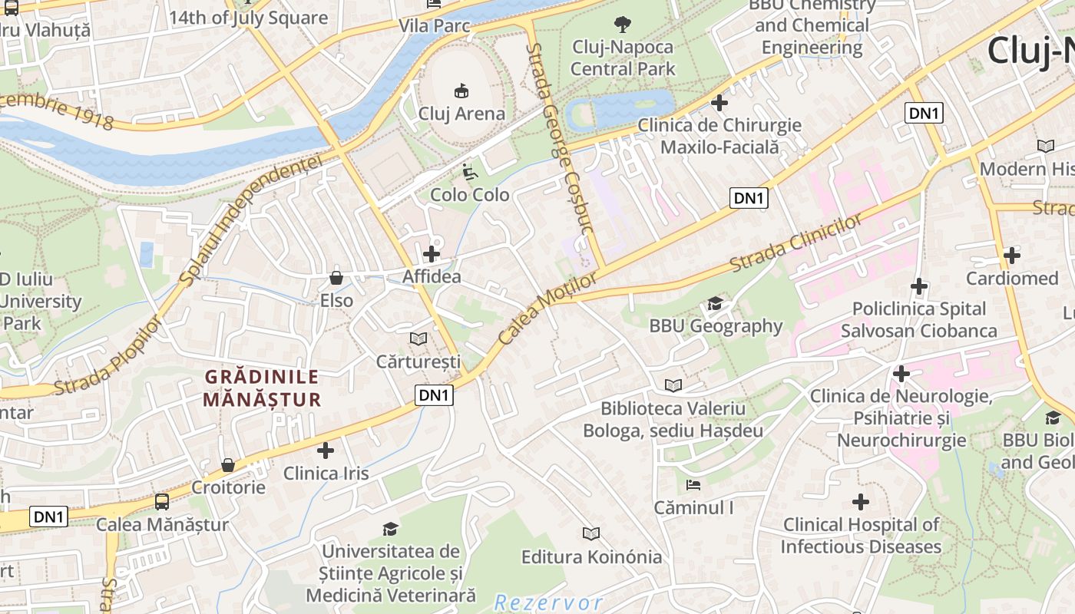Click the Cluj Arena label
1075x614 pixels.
(461, 114)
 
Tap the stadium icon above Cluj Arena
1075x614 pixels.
(461, 91)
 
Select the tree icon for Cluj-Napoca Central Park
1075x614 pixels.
(623, 25)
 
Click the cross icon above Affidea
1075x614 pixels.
(432, 253)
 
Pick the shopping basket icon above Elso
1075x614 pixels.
(336, 277)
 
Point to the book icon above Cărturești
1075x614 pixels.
(418, 338)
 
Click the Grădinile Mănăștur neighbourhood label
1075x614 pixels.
(262, 388)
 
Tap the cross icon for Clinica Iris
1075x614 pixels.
(326, 451)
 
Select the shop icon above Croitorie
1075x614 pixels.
(228, 465)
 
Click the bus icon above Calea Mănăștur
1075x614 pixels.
(162, 502)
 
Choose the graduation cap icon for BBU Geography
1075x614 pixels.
(715, 303)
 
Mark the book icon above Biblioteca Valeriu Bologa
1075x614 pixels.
(673, 385)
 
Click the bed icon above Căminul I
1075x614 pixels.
(693, 485)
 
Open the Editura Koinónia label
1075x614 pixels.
(591, 556)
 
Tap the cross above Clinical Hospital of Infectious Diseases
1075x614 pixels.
(861, 502)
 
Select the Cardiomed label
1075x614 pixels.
(1011, 279)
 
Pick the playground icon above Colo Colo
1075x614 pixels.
(469, 172)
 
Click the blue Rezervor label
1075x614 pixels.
(548, 602)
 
